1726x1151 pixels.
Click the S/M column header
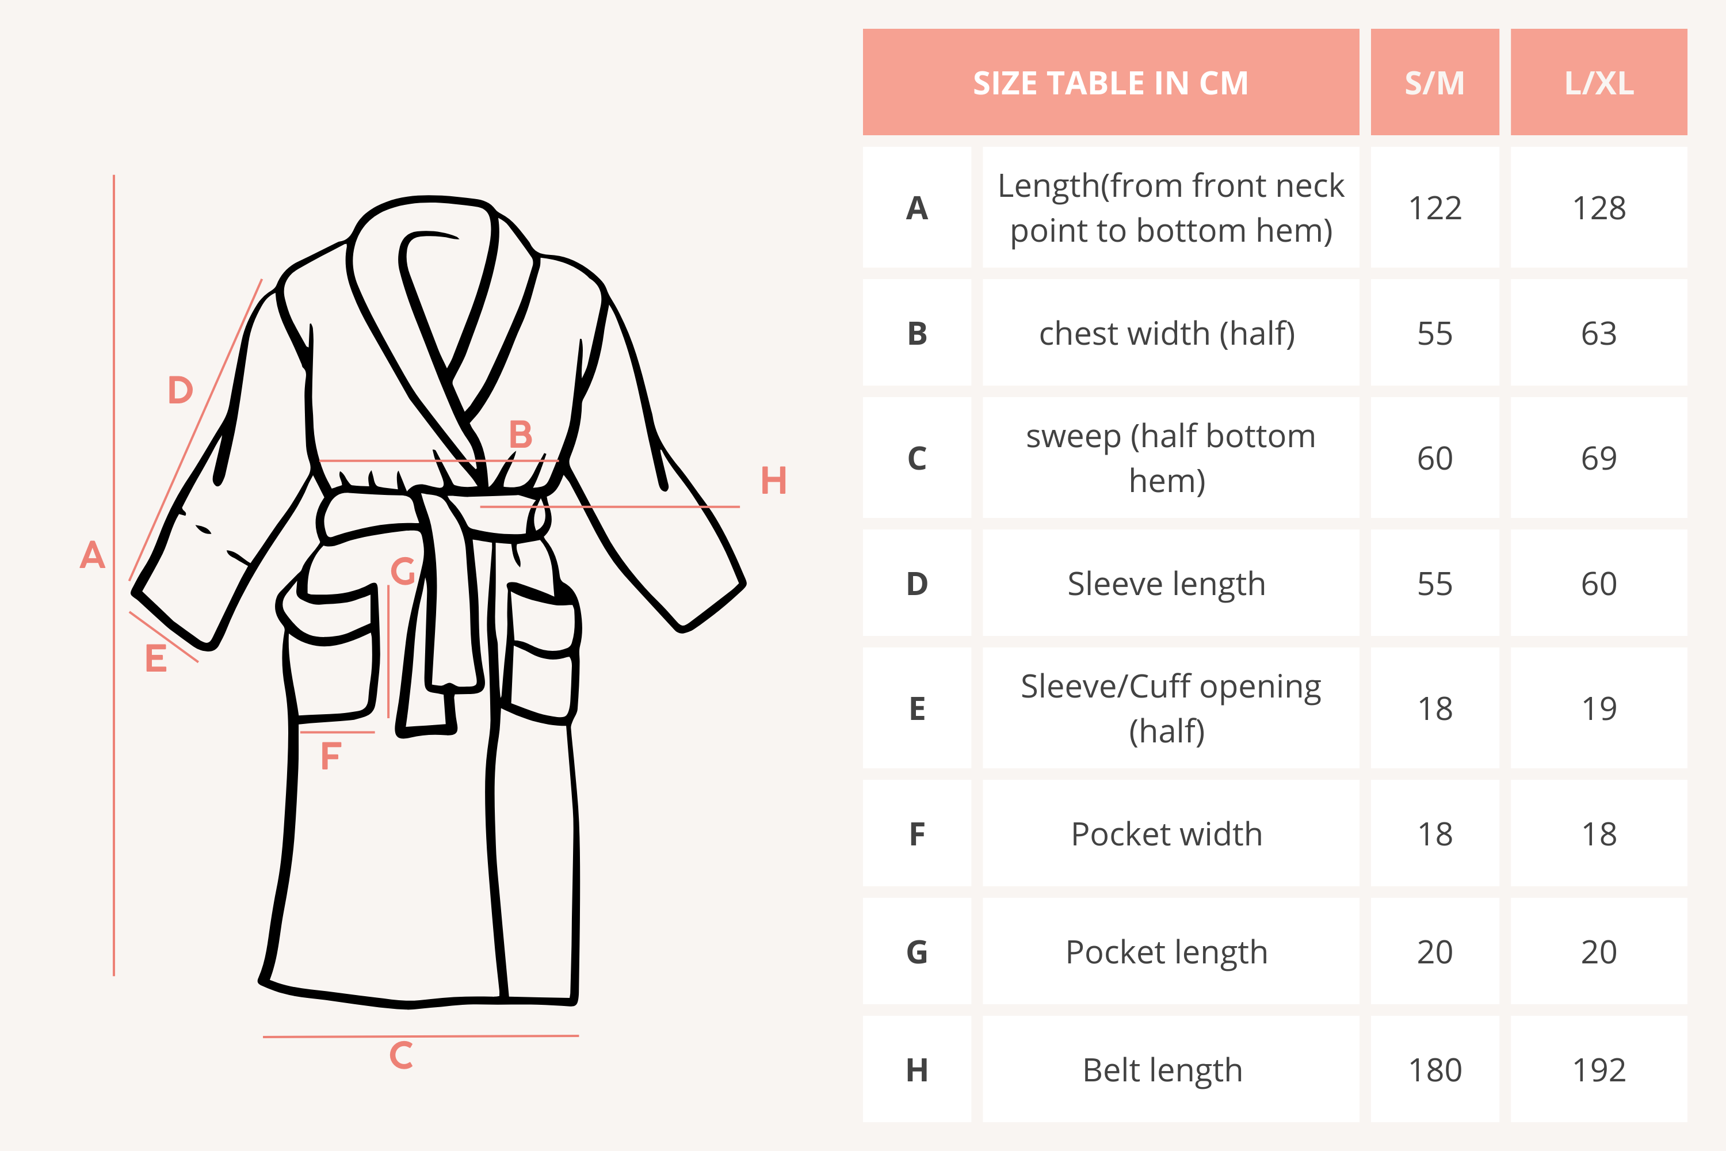(1435, 83)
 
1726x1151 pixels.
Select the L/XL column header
(1599, 83)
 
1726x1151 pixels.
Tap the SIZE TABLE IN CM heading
(1110, 83)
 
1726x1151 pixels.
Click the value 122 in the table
(1435, 208)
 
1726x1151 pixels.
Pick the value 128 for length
(1599, 208)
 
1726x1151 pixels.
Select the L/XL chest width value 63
(1599, 333)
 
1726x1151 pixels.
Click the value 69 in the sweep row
(1599, 458)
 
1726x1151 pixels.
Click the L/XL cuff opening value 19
(1599, 708)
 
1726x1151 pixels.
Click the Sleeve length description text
(1167, 584)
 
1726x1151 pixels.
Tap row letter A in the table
(917, 208)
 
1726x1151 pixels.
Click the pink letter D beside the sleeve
(181, 389)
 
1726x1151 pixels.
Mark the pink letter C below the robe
(400, 1055)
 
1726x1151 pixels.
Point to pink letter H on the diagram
(773, 481)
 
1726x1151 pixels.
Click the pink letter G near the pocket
(403, 570)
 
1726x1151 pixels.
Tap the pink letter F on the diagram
(331, 754)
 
